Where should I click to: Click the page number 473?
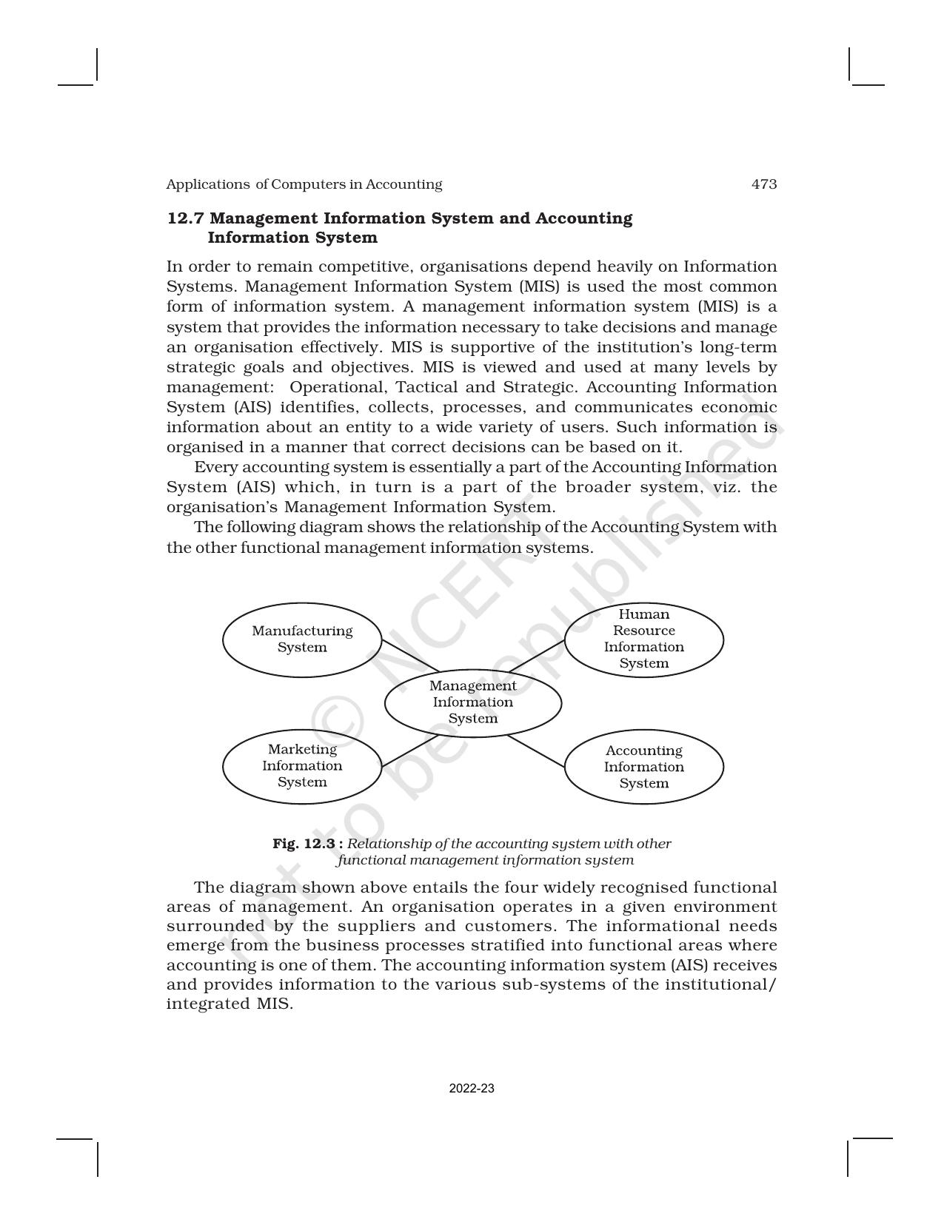tap(764, 184)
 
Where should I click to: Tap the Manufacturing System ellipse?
tap(302, 639)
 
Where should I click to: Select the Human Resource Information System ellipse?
tap(643, 639)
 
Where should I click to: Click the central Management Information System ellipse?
tap(472, 702)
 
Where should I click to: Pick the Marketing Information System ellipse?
tap(302, 766)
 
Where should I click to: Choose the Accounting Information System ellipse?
tap(643, 767)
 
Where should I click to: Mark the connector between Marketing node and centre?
tap(409, 750)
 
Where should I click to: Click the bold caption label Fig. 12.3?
tap(307, 844)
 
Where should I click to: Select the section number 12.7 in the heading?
tap(187, 219)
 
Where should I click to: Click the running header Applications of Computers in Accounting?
tap(304, 184)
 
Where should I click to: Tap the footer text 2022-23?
tap(472, 1089)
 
